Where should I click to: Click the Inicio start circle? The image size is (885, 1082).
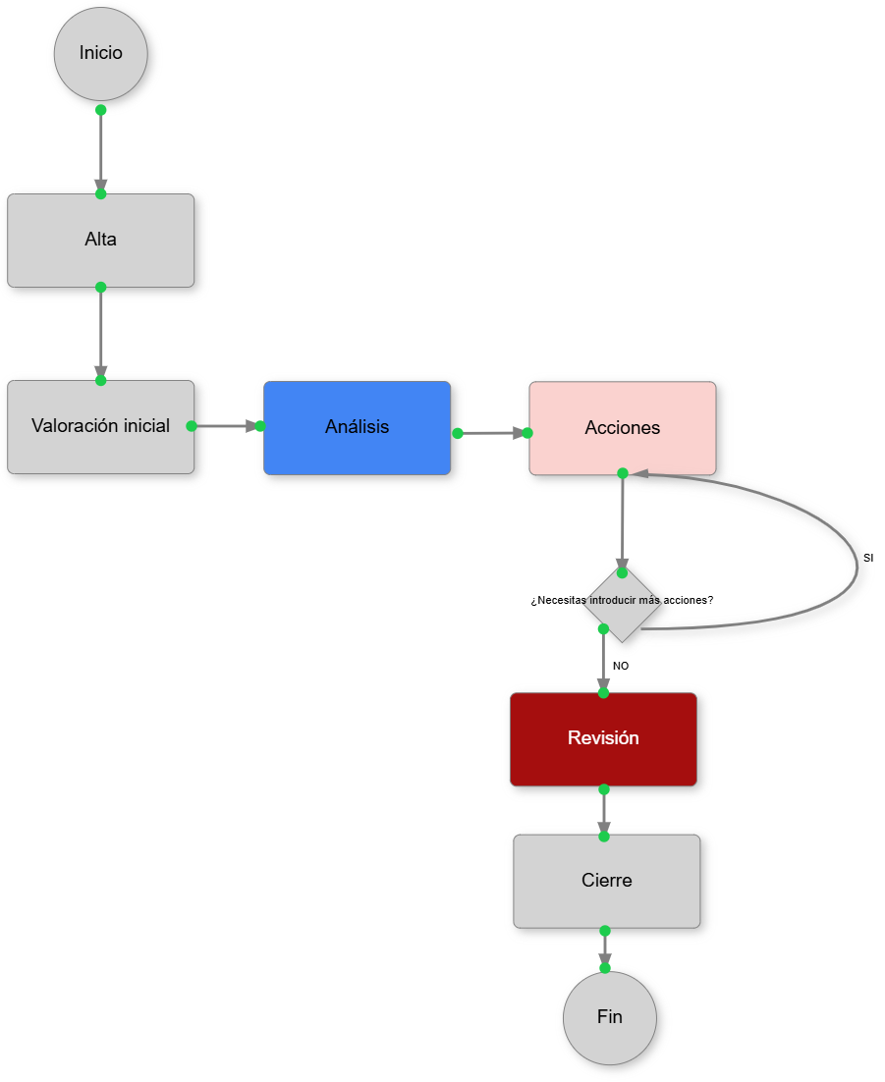coord(100,54)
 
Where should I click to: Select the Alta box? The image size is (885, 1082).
coord(100,241)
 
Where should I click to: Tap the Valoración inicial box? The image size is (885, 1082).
coord(100,427)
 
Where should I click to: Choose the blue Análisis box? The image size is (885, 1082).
coord(357,428)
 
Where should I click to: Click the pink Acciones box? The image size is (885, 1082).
coord(622,428)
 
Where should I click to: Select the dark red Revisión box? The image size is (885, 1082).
coord(603,739)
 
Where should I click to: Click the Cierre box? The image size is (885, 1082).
coord(606,881)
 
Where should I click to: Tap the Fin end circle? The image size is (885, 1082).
coord(609,1018)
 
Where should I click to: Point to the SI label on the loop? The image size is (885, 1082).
coord(868,558)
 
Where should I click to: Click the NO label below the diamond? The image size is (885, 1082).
coord(621,666)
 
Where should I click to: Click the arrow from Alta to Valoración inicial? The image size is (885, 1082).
coord(100,334)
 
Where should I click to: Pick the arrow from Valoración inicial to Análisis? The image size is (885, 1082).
coord(226,426)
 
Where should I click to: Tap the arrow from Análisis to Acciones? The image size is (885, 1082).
coord(491,432)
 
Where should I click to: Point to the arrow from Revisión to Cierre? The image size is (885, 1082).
coord(603,812)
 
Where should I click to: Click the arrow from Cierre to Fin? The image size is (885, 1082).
coord(604,948)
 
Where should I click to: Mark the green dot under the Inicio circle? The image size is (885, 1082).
coord(100,110)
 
